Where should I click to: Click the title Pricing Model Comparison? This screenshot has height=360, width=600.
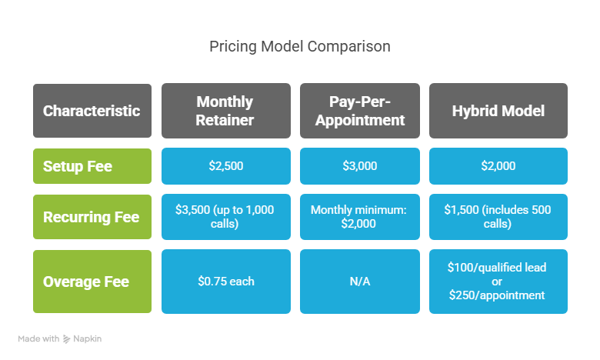[300, 46]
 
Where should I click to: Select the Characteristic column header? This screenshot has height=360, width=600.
[92, 111]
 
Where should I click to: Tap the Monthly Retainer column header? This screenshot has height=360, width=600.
[225, 111]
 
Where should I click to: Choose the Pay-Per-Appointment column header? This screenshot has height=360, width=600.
[360, 111]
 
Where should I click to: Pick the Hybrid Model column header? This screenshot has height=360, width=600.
[498, 111]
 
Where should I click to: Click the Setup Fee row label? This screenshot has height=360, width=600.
[92, 166]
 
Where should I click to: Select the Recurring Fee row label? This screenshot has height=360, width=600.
[92, 217]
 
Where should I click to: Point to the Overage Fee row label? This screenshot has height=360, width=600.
[92, 282]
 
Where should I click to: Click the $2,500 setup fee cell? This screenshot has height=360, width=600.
[225, 166]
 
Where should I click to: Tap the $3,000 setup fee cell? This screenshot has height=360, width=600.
[360, 166]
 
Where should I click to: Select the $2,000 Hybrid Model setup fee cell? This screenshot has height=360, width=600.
[498, 166]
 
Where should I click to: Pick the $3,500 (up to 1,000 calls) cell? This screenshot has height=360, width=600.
[225, 217]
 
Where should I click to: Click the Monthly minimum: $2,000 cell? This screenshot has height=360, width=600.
[360, 217]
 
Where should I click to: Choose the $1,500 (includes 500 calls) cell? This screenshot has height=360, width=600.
[498, 217]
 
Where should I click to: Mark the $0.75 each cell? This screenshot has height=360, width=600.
[225, 282]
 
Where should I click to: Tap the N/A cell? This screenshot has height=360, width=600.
[360, 282]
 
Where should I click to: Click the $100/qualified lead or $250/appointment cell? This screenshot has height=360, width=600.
[498, 282]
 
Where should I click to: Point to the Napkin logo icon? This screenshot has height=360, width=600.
[67, 339]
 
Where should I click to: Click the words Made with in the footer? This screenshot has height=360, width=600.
[38, 338]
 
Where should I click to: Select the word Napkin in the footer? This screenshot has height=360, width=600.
[87, 339]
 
